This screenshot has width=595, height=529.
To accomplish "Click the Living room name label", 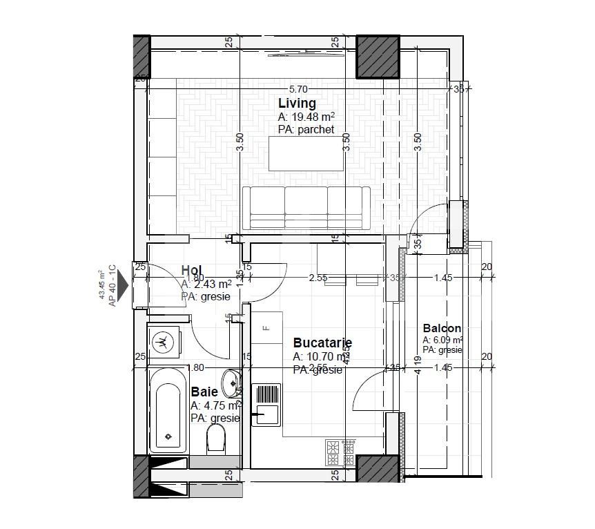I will click(297, 104).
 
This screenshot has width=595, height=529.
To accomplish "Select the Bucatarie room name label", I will click(322, 343).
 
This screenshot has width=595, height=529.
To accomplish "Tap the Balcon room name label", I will click(442, 329).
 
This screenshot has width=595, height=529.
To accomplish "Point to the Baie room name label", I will click(204, 392).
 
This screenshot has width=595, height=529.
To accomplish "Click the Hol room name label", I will click(191, 270).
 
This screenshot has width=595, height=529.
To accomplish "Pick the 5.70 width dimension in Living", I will click(297, 89).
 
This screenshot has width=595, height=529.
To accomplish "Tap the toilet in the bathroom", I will click(216, 437).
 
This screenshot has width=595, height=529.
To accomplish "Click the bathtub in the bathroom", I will click(167, 414).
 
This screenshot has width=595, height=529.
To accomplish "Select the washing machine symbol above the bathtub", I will click(164, 340).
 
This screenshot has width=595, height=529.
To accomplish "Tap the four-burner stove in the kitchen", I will click(340, 452).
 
